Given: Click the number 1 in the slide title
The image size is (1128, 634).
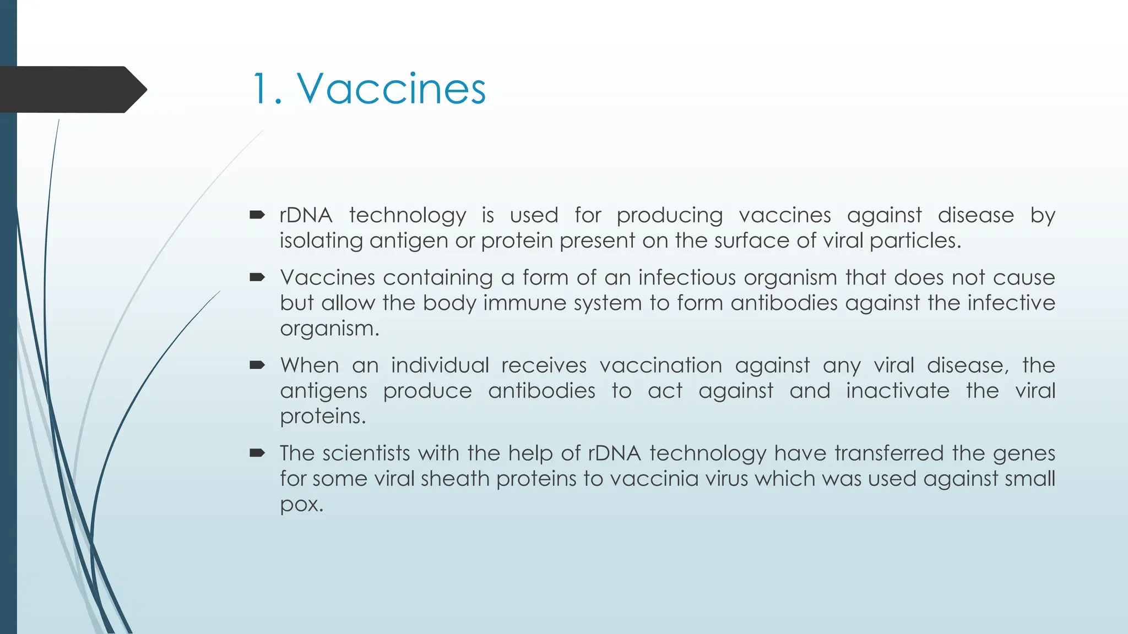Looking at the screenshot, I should point(261,89).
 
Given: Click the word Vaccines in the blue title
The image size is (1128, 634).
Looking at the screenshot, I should point(392,89).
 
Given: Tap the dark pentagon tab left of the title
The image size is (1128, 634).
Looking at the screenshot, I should point(72,89).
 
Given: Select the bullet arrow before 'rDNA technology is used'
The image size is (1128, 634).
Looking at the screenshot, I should point(257,215).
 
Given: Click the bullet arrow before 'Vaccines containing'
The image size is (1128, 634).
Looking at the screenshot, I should point(257,277).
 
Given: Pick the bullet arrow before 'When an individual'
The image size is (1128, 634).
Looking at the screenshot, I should point(257,365).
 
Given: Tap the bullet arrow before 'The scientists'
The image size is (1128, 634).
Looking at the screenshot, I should point(257,453).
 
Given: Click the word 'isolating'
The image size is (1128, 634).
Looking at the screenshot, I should point(321,241).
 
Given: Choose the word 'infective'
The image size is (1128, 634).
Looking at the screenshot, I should point(1011,303).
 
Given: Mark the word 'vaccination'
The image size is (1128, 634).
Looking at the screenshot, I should point(660,365).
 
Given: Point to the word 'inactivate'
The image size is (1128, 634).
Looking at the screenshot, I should point(898,391).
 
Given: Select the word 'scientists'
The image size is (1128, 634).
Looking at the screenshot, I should point(366,453).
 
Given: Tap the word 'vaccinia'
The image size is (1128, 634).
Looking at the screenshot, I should point(649,479).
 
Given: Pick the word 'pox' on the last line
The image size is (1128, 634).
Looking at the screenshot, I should point(300,504).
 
